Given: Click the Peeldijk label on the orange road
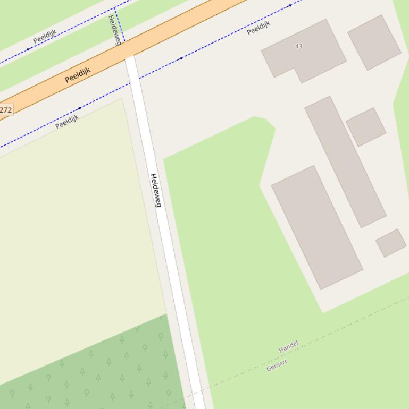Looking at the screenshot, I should pos(78,75).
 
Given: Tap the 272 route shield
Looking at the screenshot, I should pos(5,110).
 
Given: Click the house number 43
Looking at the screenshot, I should pos(298,46).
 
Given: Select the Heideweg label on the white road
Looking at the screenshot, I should pos(155,190).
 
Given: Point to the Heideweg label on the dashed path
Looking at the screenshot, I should pos(114,30).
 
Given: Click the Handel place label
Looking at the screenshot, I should pos(288,347).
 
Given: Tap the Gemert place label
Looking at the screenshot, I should pos(277,365).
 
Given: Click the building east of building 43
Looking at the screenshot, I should pos(374,42).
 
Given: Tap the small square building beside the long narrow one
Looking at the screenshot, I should pos(366,126).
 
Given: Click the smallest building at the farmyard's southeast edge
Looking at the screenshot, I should pos(391,243).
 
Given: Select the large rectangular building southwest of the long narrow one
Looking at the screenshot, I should pos(317,227).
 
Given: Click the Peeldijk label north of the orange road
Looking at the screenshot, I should pos(44,36).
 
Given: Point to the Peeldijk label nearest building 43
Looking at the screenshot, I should pos(258,28).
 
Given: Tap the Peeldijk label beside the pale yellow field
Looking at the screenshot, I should pos(67,121).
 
